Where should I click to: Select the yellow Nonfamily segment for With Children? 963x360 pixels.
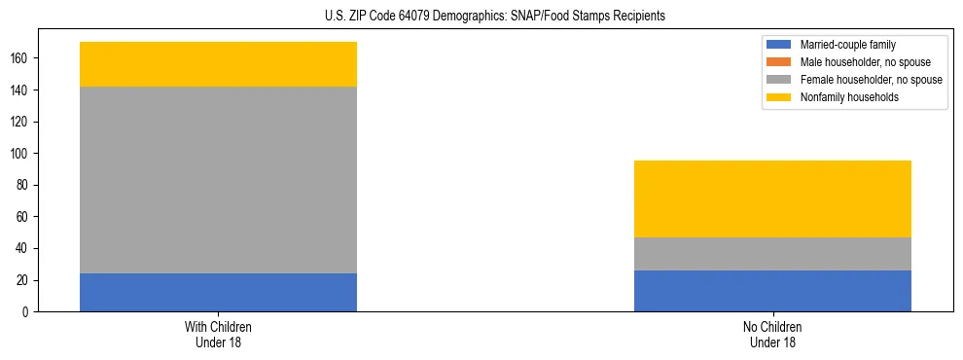218,64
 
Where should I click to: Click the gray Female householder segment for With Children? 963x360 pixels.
218,180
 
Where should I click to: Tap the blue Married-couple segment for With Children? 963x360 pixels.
218,292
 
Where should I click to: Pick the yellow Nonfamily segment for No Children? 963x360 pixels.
772,198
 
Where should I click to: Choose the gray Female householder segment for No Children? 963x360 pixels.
772,254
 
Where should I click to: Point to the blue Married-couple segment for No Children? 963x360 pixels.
772,291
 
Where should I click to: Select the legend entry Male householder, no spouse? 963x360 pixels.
852,62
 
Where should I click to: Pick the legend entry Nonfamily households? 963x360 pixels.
844,97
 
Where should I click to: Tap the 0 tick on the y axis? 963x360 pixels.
28,311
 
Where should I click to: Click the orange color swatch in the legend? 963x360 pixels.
779,62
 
